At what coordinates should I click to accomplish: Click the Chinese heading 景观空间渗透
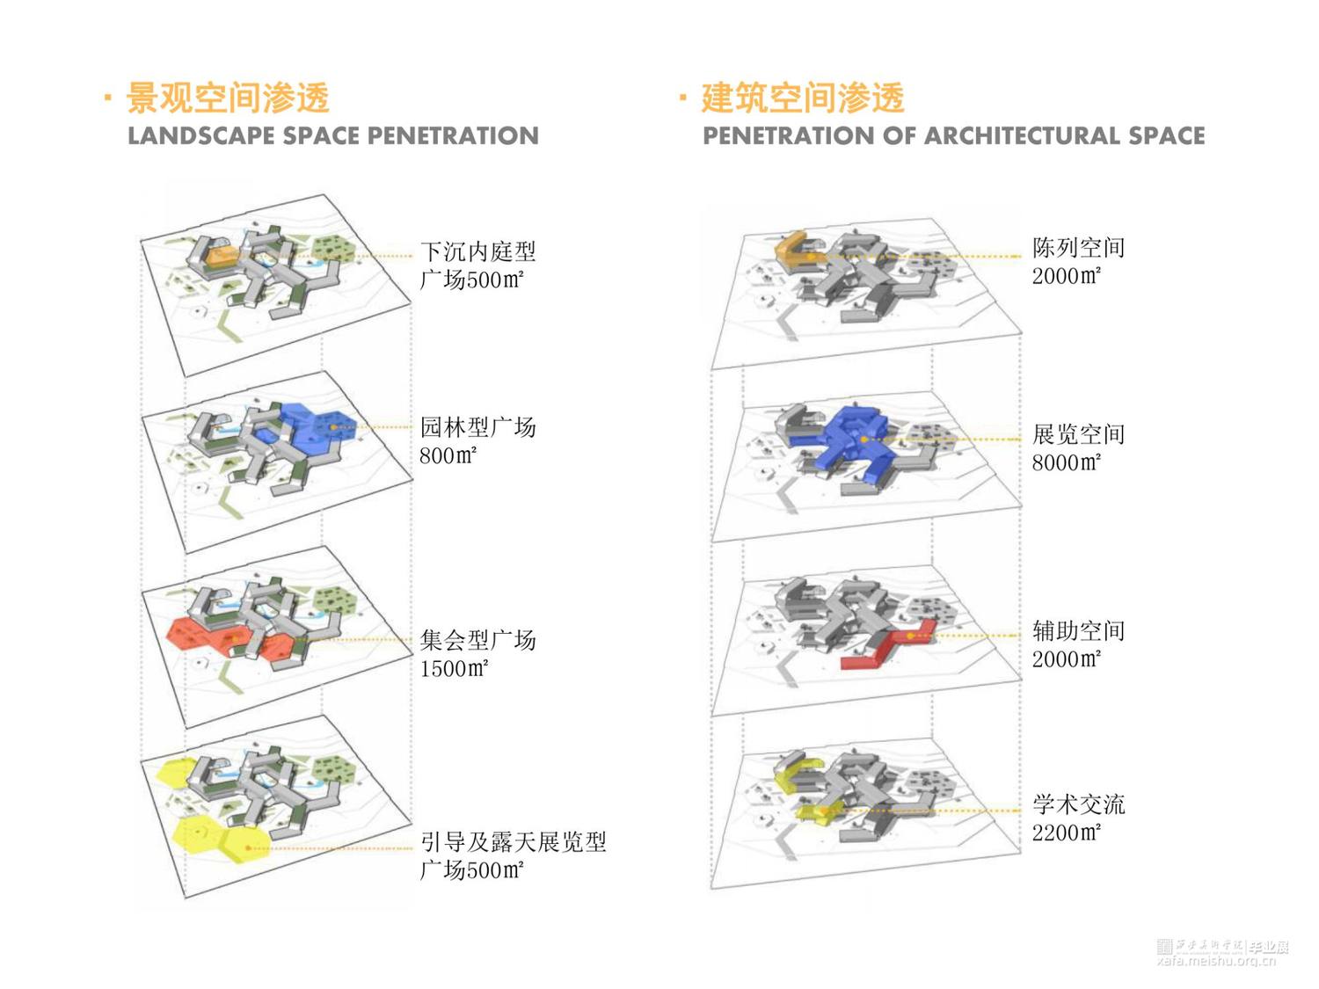(228, 98)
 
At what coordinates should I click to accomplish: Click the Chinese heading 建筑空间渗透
(802, 98)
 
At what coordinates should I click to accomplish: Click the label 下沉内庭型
(477, 252)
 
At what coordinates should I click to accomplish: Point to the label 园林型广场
(477, 428)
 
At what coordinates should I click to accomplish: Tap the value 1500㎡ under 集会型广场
(453, 669)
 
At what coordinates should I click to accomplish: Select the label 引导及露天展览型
(514, 842)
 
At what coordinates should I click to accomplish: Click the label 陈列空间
(1078, 248)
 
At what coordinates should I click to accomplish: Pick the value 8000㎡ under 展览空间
(1066, 462)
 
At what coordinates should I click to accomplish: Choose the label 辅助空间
(1078, 631)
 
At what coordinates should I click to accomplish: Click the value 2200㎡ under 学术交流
(1066, 833)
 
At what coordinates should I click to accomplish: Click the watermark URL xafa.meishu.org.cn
(1216, 961)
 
